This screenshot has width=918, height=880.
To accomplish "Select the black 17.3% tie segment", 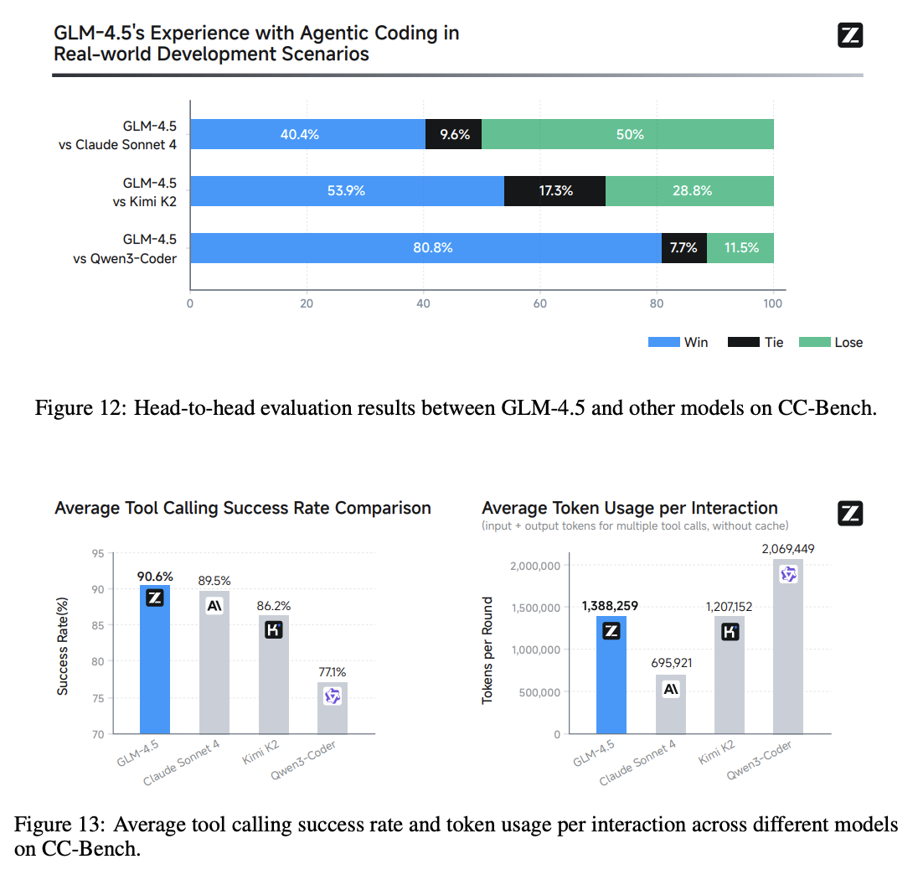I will point(554,191).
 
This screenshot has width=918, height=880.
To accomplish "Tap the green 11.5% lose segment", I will point(740,248).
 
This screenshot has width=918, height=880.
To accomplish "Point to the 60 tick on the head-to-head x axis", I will point(540,303).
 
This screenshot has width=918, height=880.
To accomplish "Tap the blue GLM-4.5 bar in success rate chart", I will point(155,670).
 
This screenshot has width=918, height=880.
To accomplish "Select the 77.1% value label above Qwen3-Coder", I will point(333,671).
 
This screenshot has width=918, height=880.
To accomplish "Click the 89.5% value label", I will point(214,580).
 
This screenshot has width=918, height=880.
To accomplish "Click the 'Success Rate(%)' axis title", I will point(63,645).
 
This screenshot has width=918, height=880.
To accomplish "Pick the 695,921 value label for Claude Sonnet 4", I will point(671,663).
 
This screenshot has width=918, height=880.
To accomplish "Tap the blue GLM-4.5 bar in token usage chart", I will point(611,679).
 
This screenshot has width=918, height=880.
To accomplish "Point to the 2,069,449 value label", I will point(789,548).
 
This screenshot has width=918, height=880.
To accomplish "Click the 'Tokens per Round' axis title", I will point(488,650).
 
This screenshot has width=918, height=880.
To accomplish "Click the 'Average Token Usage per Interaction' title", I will point(630,508).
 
